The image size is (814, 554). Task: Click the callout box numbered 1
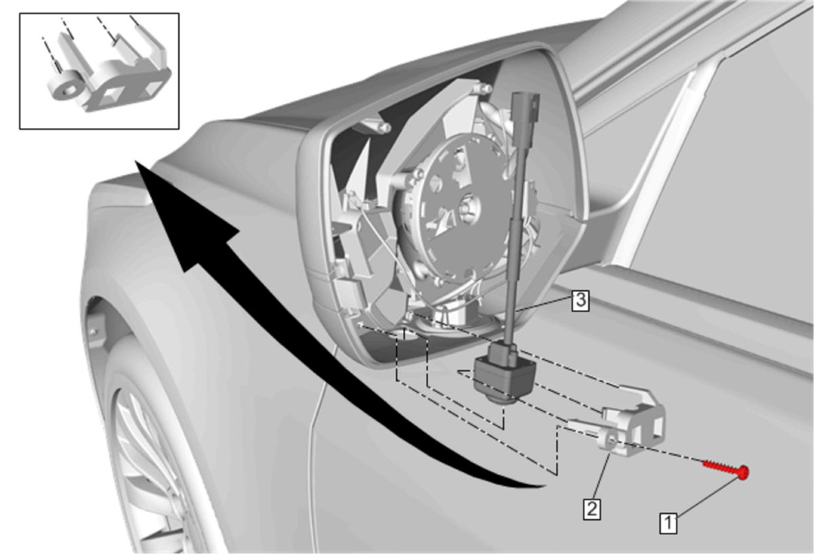point(668,523)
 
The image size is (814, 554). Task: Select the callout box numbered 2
point(592,509)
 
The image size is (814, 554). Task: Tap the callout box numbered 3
point(581,300)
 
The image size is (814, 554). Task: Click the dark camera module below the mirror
point(505,374)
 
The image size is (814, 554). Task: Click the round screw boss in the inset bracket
point(64,88)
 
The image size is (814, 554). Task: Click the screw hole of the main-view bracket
point(612,441)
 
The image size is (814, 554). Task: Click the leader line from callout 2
point(602,476)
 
